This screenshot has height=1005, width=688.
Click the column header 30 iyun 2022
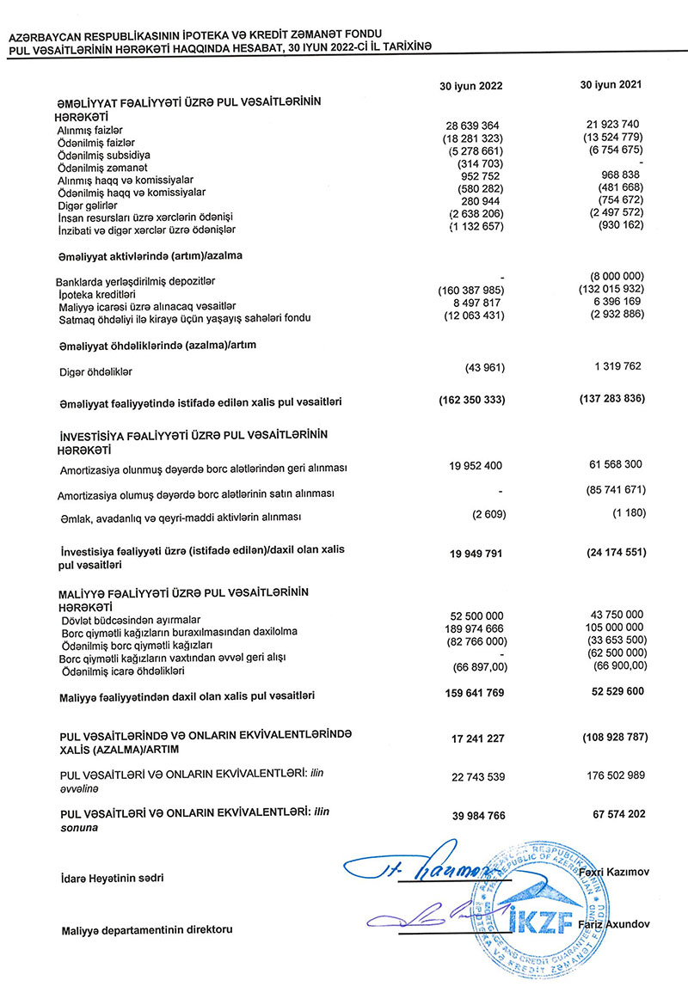[470, 87]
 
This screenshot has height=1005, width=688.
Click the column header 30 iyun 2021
[611, 86]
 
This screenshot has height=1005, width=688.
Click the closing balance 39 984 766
[475, 816]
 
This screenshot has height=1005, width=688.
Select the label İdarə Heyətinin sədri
[112, 879]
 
